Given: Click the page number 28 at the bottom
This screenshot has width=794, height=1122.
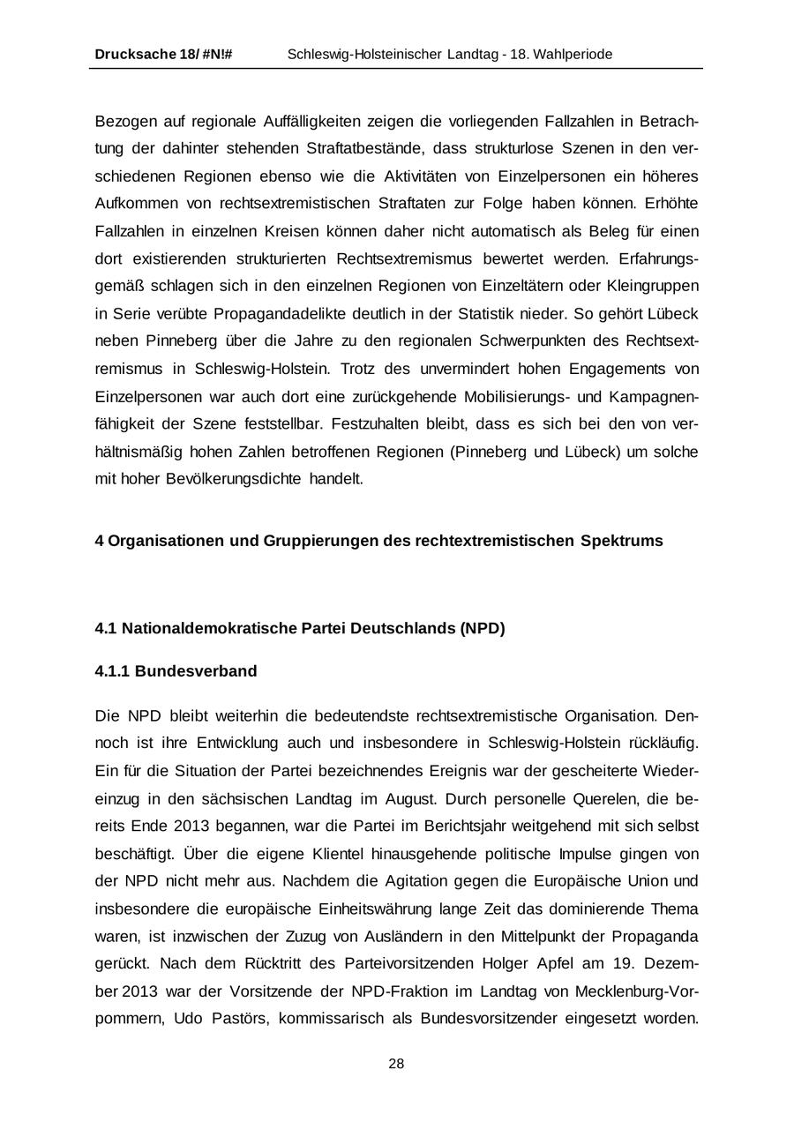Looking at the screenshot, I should click(396, 1064).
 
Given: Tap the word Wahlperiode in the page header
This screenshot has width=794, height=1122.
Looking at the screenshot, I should click(574, 55).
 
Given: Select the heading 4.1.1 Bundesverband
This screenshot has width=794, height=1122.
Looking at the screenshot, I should click(176, 671).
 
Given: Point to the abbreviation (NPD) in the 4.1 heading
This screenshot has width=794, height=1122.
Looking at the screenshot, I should click(482, 629).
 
